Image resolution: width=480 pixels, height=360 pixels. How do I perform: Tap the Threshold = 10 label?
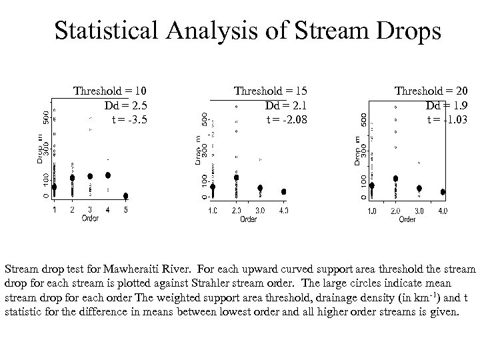coord(110,91)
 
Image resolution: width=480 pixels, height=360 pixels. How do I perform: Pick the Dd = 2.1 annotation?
coord(286,105)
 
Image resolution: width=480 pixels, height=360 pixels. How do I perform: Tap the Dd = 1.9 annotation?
coord(447,105)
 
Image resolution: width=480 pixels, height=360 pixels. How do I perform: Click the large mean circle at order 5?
coord(126,196)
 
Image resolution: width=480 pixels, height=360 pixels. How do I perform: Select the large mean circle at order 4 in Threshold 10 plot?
coord(108,175)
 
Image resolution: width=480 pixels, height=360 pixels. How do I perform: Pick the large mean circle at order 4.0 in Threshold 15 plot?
coord(284,191)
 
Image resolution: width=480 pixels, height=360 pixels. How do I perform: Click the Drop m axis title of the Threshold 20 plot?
coord(358,150)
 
